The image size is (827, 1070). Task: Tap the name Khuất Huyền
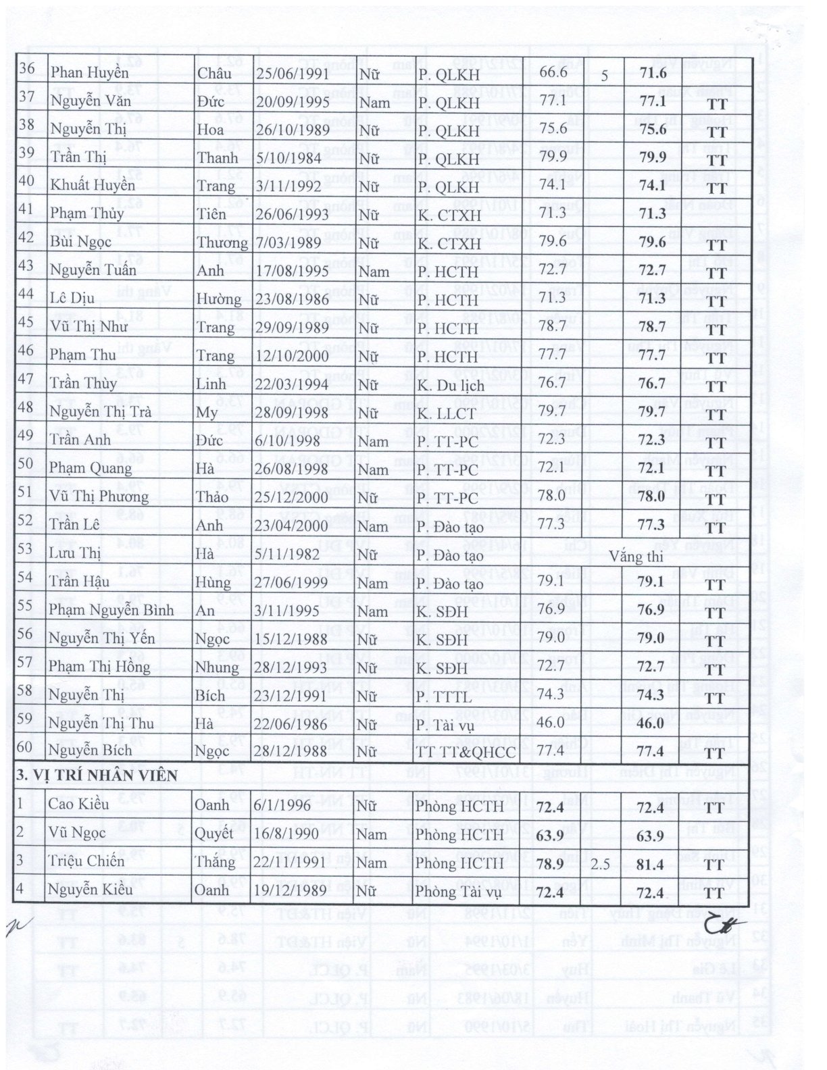[93, 186]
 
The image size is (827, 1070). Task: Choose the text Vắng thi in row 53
[636, 557]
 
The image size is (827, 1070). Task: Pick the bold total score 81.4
[652, 864]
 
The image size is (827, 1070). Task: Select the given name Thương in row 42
[222, 243]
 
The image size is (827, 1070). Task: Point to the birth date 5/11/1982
[289, 555]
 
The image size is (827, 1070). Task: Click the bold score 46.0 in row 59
[652, 723]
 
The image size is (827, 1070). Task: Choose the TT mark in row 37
[716, 105]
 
